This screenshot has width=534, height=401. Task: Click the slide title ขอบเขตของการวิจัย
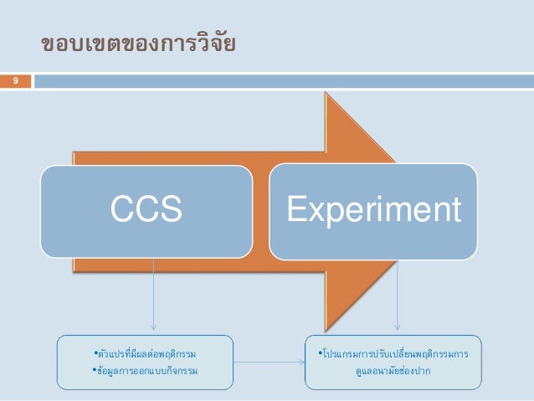[x=138, y=42]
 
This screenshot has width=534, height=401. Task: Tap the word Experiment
[x=373, y=211]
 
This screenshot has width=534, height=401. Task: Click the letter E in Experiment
[x=297, y=211]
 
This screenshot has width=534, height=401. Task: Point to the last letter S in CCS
[x=170, y=211]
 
